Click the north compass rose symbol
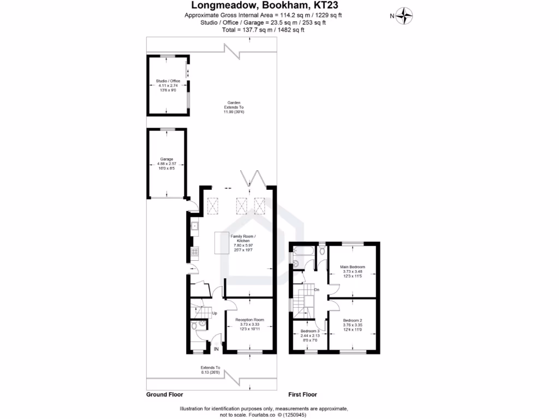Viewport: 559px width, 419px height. [x=404, y=15]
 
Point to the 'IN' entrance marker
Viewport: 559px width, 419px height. [x=216, y=349]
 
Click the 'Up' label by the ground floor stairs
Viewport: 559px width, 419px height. [x=215, y=313]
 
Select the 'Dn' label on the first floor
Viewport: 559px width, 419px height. [x=317, y=290]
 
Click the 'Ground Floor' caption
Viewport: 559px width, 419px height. [x=164, y=394]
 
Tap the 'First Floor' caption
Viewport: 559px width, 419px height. [x=302, y=394]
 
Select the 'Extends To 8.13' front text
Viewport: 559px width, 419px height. [x=210, y=370]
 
